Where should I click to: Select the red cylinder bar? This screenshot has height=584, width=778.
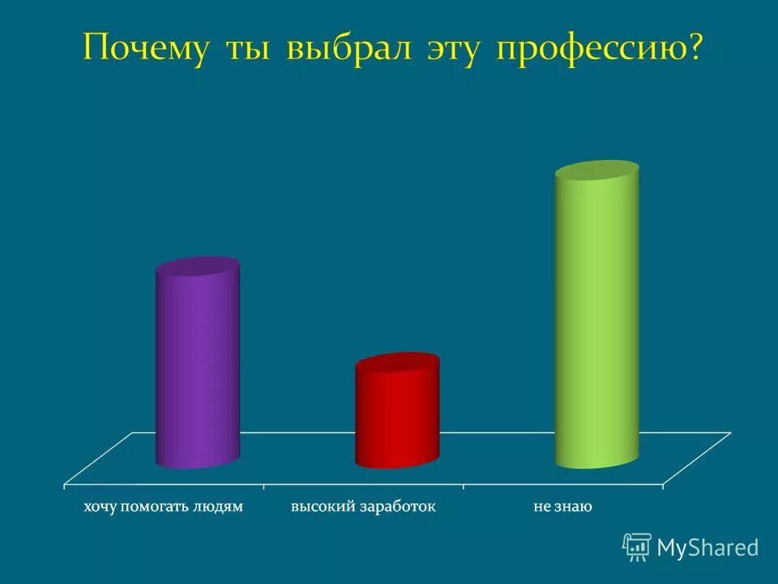click(x=397, y=418)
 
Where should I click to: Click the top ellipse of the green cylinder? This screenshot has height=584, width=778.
click(x=596, y=172)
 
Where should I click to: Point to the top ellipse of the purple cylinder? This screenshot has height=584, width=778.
click(x=198, y=268)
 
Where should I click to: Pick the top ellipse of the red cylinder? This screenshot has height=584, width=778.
click(x=397, y=363)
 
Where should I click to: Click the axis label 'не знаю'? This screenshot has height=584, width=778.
click(x=562, y=507)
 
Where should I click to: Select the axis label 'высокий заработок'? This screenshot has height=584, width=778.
click(x=363, y=507)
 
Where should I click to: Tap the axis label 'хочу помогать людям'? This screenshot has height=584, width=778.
click(x=163, y=507)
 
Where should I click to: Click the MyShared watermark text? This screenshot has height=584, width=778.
click(x=707, y=547)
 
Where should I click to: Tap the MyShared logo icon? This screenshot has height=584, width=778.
click(x=637, y=547)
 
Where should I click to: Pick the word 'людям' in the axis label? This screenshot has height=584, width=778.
click(x=217, y=507)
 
